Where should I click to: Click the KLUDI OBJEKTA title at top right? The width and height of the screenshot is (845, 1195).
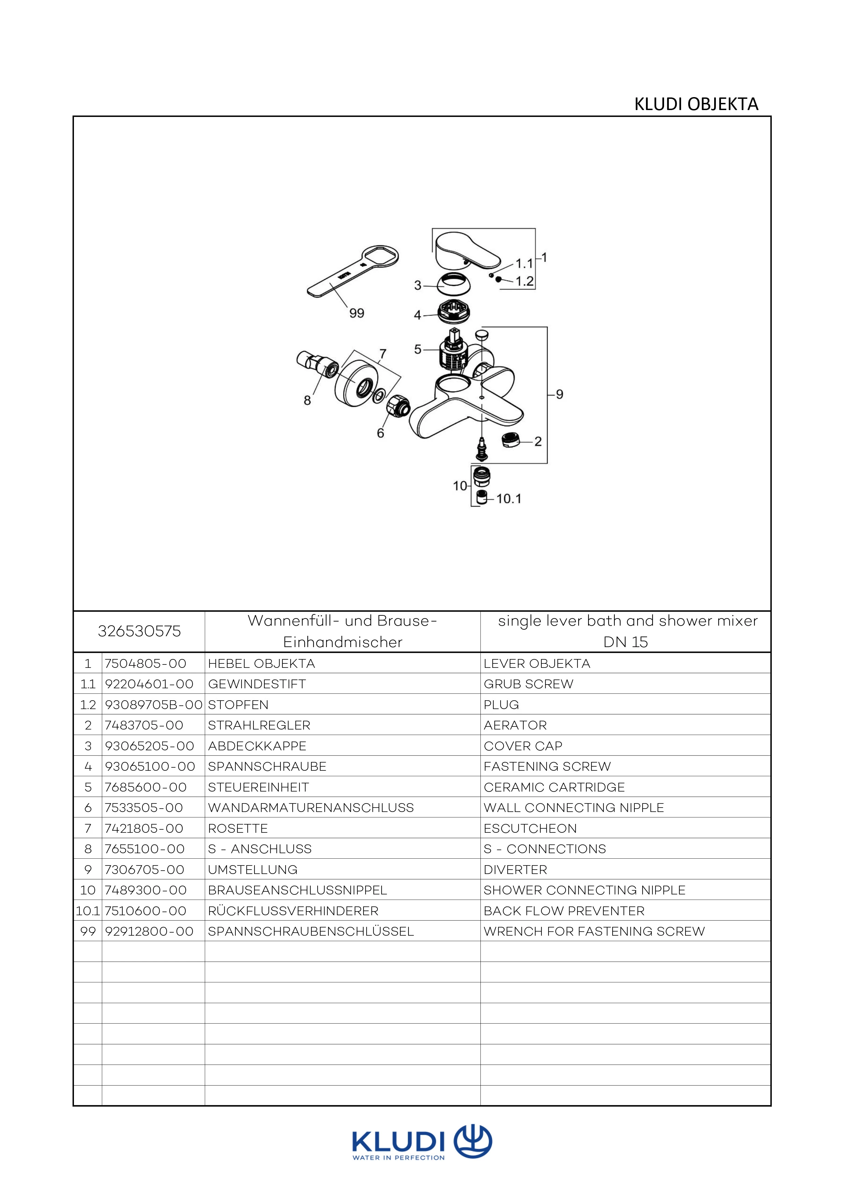(x=696, y=105)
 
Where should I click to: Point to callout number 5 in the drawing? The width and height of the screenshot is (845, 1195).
(x=417, y=349)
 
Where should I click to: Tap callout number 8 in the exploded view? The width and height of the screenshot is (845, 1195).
(x=307, y=400)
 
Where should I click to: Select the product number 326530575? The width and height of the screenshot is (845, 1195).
(x=139, y=631)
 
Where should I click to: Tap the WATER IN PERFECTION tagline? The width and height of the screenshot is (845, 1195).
(x=399, y=1158)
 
